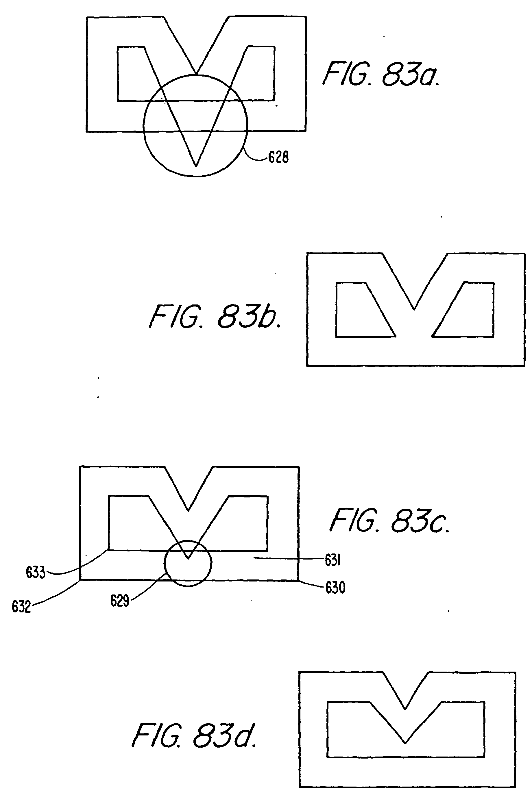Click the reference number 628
coord(278,157)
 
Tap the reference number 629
coord(119,601)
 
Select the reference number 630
coord(335,588)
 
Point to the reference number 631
coord(332,560)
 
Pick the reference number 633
coord(35,573)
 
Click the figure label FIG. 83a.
coord(381,74)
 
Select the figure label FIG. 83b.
coord(215,317)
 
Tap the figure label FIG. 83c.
coord(389,521)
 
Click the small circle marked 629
coord(188,563)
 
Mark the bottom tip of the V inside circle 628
coord(196,166)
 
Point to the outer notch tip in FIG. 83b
coord(414,309)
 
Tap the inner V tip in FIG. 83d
coord(405,743)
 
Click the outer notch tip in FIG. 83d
coord(405,709)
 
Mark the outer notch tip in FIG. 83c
coord(188,510)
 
